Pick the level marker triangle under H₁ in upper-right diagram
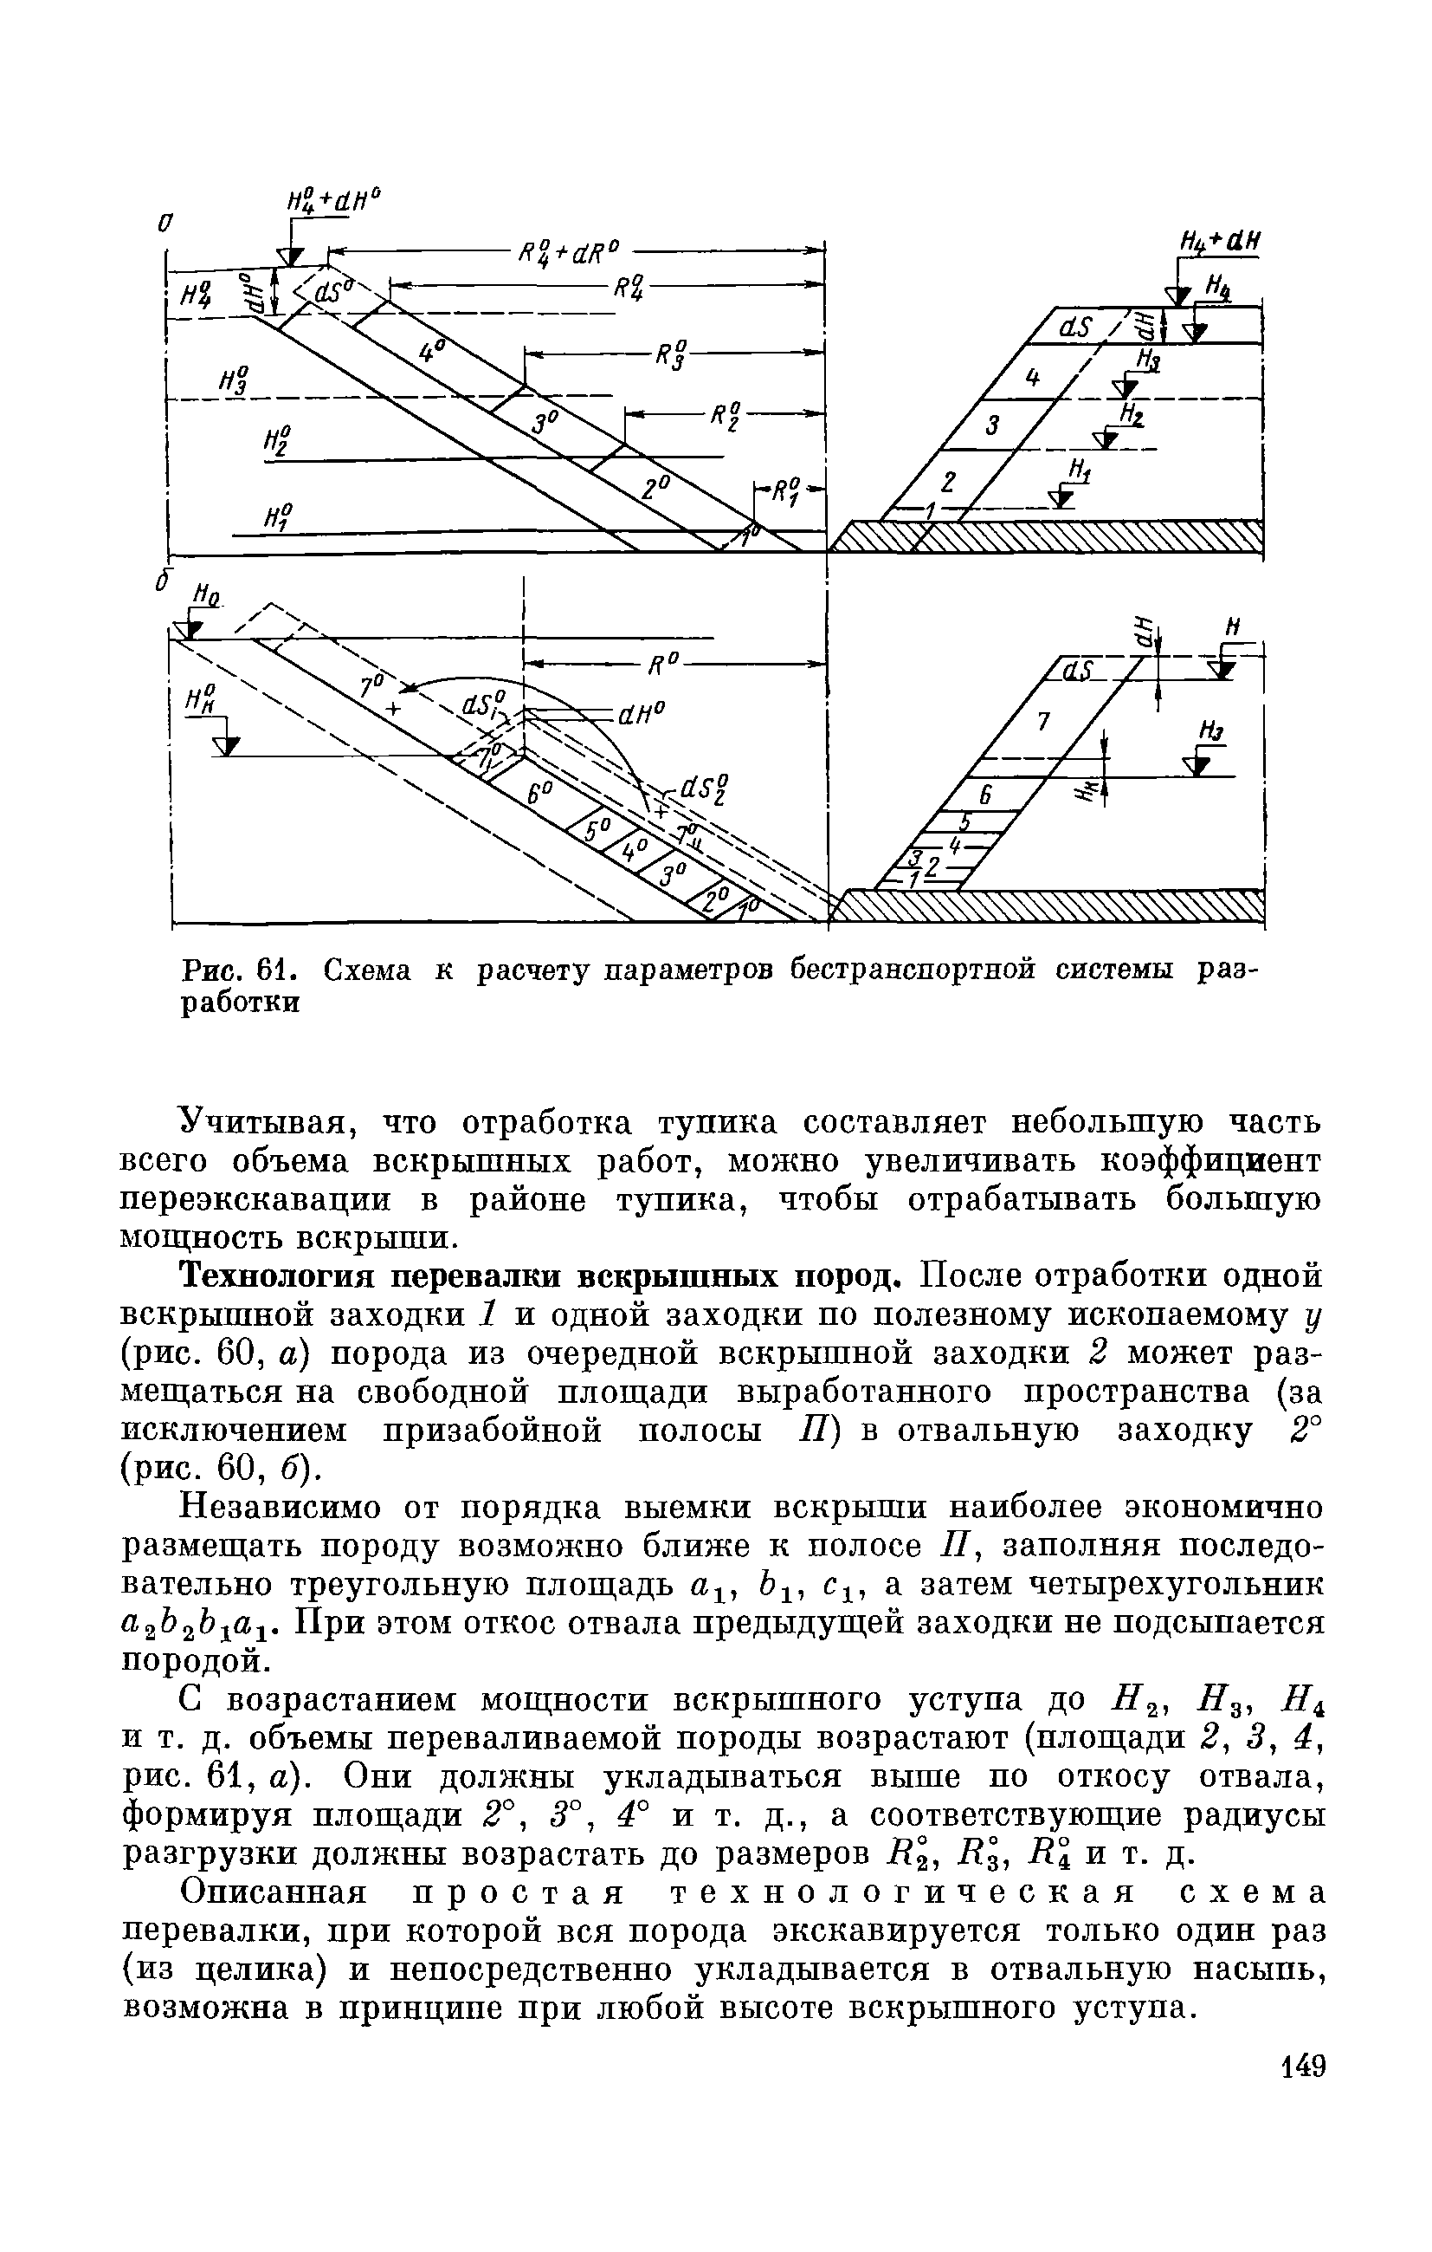(1059, 499)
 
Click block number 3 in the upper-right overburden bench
(993, 425)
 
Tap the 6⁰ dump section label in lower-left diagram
(539, 792)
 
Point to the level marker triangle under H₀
(193, 630)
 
